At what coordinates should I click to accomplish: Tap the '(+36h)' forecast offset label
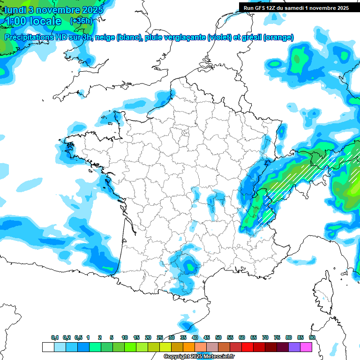pyautogui.click(x=81, y=21)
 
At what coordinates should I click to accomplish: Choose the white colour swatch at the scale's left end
pyautogui.click(x=48, y=347)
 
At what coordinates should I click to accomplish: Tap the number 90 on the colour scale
pyautogui.click(x=312, y=337)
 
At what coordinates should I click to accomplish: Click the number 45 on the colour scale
pyautogui.click(x=207, y=337)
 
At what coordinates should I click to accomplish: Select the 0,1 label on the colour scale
pyautogui.click(x=55, y=337)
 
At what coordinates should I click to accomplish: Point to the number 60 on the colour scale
pyautogui.click(x=242, y=337)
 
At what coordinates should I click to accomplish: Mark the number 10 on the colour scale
pyautogui.click(x=125, y=337)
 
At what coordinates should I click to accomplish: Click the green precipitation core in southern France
pyautogui.click(x=190, y=267)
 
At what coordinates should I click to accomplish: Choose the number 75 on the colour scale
pyautogui.click(x=277, y=337)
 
